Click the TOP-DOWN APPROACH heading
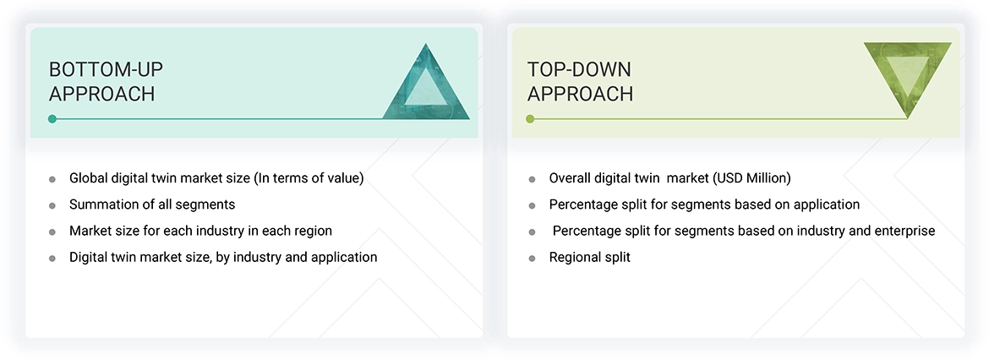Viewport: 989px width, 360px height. [x=580, y=81]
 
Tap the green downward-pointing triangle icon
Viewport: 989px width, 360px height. [x=907, y=78]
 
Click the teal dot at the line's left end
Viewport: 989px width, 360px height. [x=52, y=119]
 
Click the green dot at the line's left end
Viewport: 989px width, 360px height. [x=530, y=119]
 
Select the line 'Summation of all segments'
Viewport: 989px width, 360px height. [x=152, y=205]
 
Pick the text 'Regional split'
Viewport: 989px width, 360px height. [x=589, y=257]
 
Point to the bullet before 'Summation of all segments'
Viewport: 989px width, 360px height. [x=52, y=205]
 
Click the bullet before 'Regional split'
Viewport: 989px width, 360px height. [x=532, y=258]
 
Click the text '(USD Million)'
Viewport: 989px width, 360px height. [x=750, y=178]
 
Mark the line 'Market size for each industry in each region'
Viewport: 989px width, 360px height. [x=200, y=231]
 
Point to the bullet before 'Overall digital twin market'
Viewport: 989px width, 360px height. [x=532, y=179]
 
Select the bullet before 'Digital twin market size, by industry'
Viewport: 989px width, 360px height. [x=52, y=258]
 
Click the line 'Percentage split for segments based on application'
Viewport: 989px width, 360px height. [x=704, y=205]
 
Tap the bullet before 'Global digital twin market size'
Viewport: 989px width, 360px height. [x=52, y=179]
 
